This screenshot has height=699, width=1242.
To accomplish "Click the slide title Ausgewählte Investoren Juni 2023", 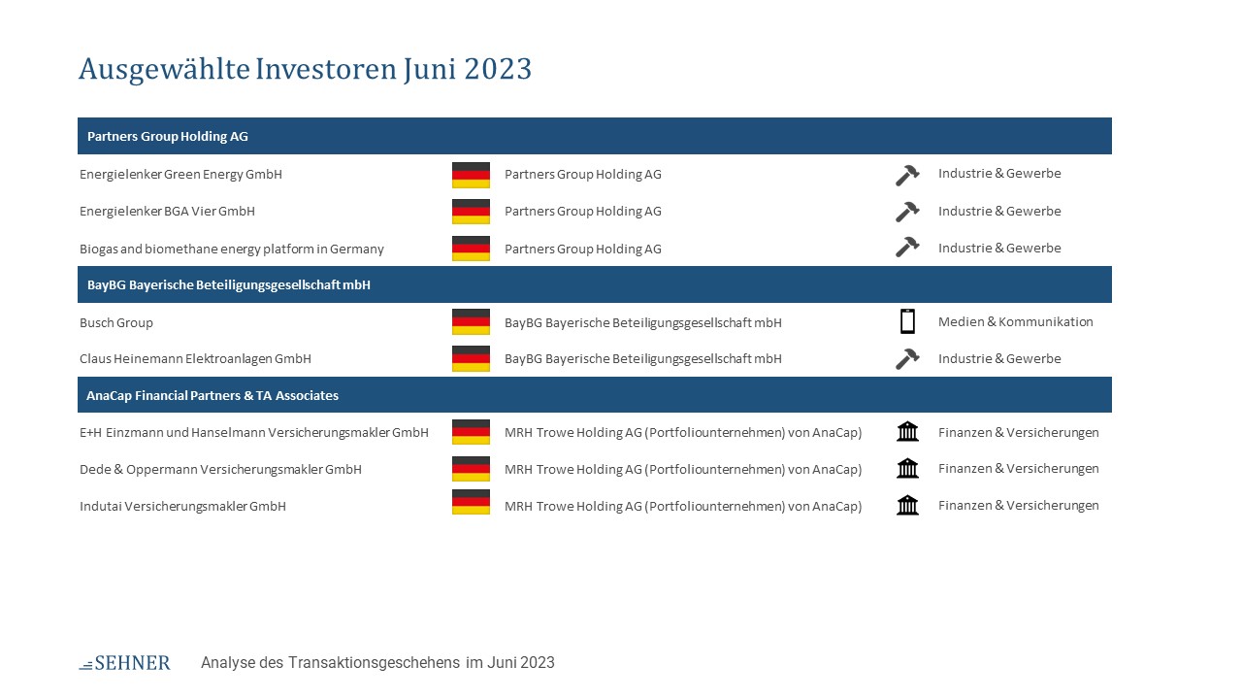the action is pyautogui.click(x=305, y=70).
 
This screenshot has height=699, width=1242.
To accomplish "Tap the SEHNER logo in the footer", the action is pyautogui.click(x=125, y=663).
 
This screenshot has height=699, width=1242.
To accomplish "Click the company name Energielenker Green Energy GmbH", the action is pyautogui.click(x=180, y=174).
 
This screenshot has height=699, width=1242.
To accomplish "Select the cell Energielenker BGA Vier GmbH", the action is pyautogui.click(x=167, y=212).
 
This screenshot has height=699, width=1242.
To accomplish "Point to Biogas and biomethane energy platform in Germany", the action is pyautogui.click(x=232, y=249).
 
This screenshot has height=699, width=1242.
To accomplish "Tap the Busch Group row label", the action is pyautogui.click(x=116, y=323).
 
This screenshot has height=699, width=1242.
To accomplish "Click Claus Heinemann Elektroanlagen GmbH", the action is pyautogui.click(x=195, y=359).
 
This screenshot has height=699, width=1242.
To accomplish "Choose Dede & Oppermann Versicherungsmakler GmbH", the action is pyautogui.click(x=220, y=469).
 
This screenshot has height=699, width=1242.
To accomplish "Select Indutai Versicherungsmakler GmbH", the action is pyautogui.click(x=183, y=507).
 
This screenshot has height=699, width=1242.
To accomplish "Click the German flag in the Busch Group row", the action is pyautogui.click(x=471, y=321).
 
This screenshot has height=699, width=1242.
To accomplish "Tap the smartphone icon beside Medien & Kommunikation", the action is pyautogui.click(x=907, y=321).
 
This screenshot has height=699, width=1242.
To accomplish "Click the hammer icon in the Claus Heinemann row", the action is pyautogui.click(x=907, y=359).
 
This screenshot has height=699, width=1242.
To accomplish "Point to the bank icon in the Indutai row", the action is pyautogui.click(x=907, y=506).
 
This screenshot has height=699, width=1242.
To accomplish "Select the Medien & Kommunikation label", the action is pyautogui.click(x=1016, y=321).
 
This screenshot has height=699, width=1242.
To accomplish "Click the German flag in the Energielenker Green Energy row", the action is pyautogui.click(x=471, y=176).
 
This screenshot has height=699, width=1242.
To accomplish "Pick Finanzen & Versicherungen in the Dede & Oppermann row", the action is pyautogui.click(x=1019, y=469).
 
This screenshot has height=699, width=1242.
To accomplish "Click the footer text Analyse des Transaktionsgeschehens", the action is pyautogui.click(x=331, y=663).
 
